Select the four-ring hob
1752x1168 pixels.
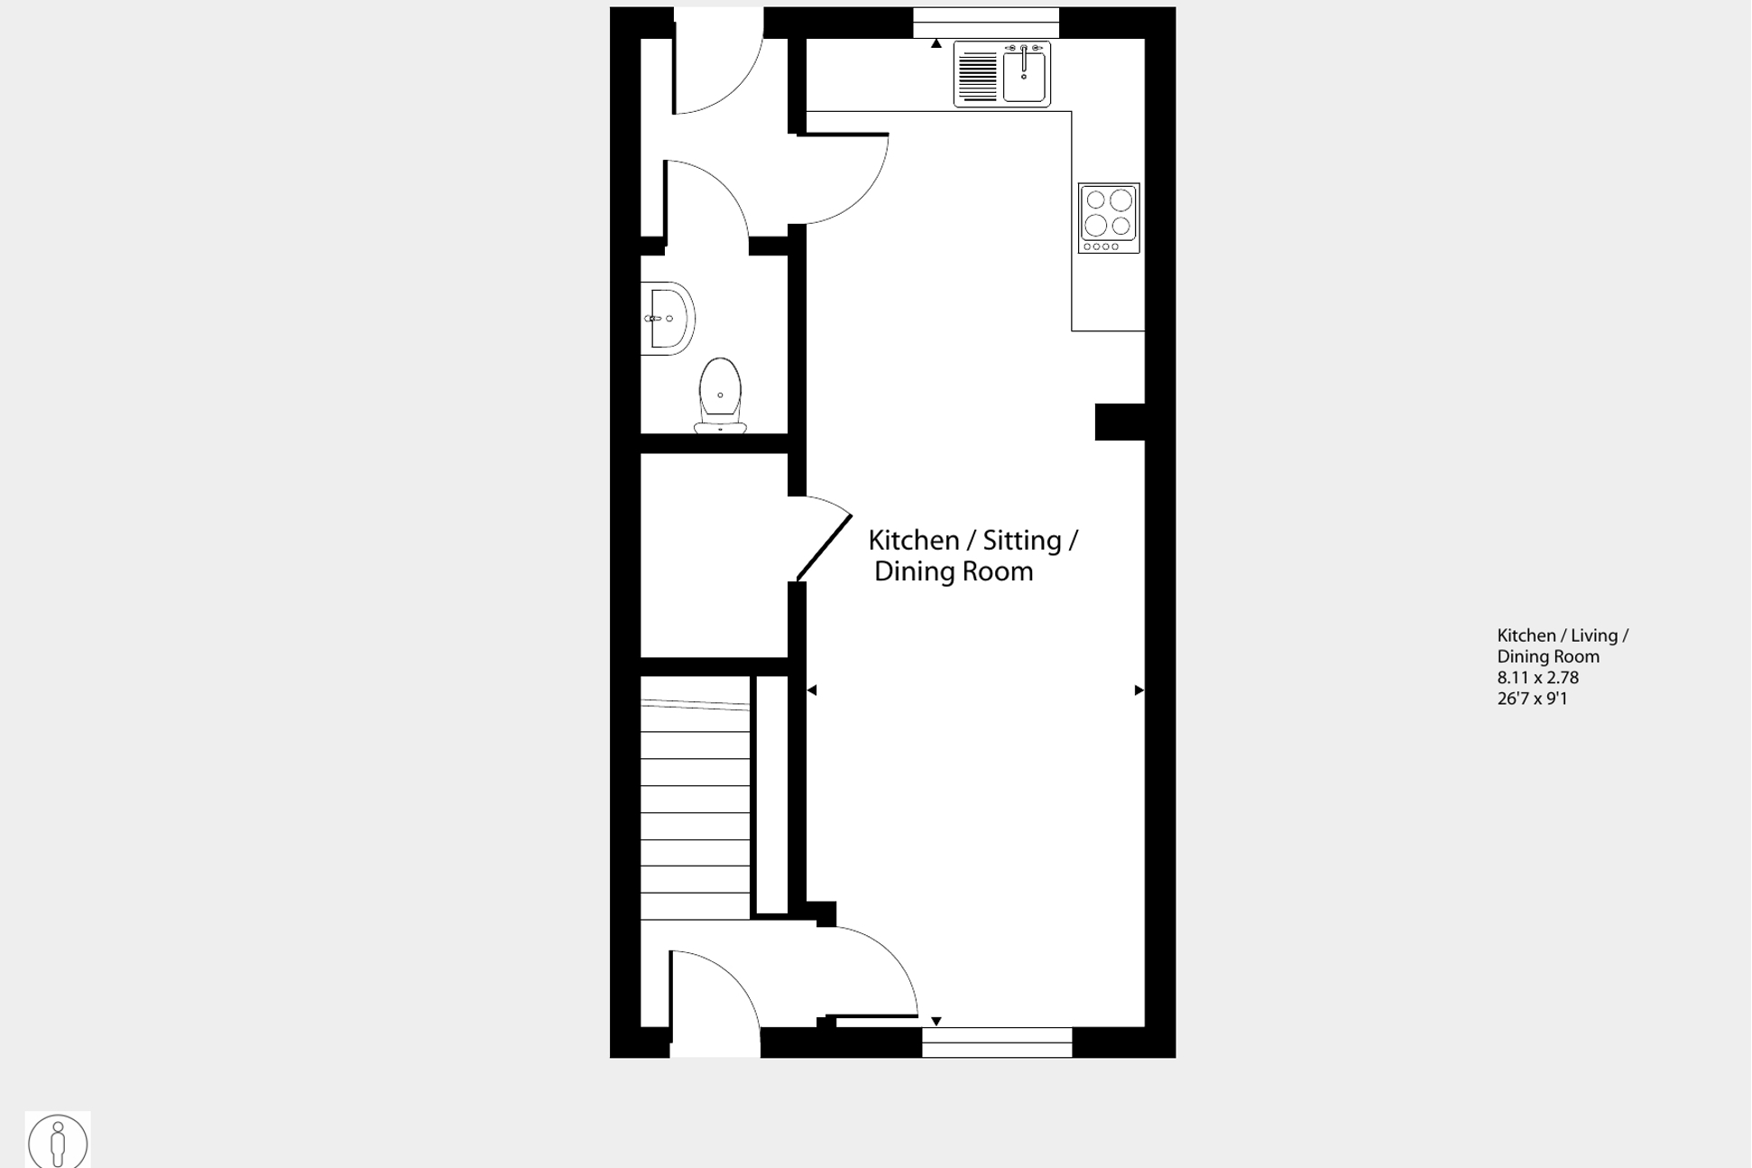pos(1109,217)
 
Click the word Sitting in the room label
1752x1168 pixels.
pos(1021,541)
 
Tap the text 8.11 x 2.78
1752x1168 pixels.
pos(1537,678)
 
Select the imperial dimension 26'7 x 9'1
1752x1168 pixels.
pos(1532,699)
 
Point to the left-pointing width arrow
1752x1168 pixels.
pos(811,691)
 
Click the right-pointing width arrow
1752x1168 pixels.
pos(1139,691)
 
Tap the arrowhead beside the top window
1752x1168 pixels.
pos(936,43)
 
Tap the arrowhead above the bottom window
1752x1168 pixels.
pos(936,1021)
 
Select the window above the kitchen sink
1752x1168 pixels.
pos(985,23)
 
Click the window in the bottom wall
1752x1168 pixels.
pos(997,1043)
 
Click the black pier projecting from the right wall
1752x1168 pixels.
pos(1120,422)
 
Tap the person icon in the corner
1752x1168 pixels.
pos(58,1142)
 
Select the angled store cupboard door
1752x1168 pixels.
pos(825,547)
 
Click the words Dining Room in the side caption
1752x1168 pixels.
pos(1548,657)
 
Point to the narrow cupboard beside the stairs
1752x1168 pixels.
pos(771,794)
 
